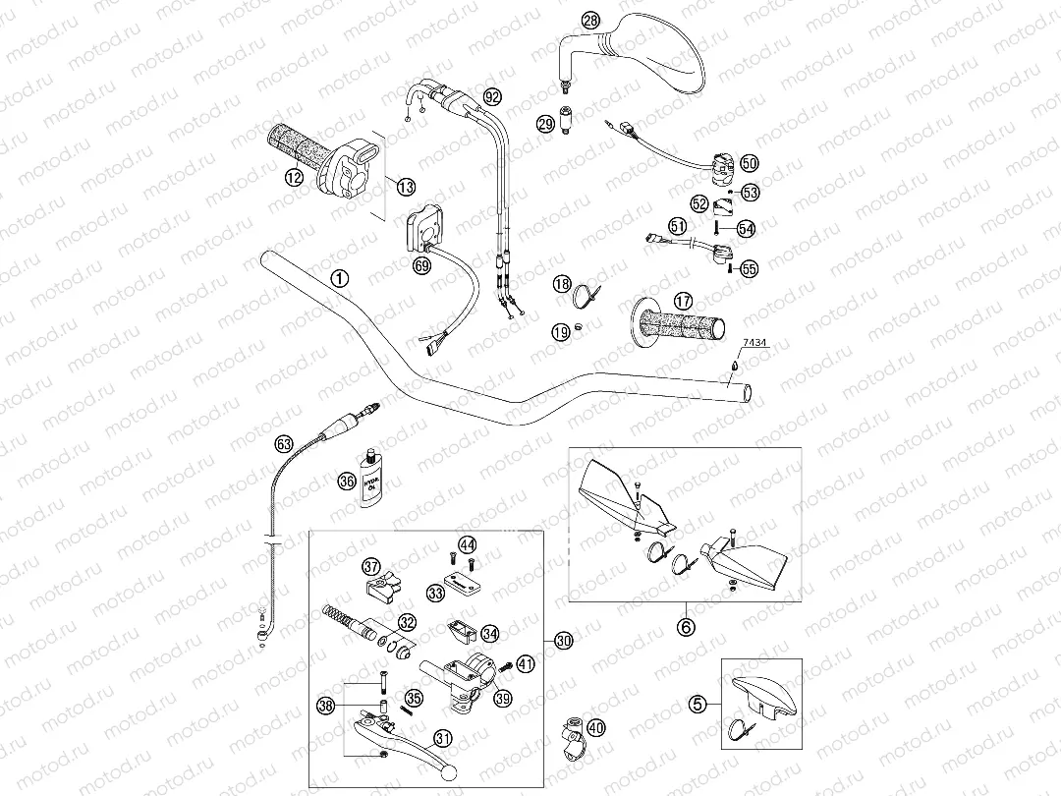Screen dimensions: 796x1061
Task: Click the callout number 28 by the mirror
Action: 589,20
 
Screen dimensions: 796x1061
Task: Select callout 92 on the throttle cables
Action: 492,96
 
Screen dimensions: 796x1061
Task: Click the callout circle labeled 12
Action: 294,177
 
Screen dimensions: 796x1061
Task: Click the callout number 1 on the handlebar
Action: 339,278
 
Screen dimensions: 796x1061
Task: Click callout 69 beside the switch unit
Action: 421,266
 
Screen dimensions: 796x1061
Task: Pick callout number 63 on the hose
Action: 284,444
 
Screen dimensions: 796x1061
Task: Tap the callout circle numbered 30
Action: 562,641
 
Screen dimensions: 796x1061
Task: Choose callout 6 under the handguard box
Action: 687,623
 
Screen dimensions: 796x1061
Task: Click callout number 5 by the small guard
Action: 697,703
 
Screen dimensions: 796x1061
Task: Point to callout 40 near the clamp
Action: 596,728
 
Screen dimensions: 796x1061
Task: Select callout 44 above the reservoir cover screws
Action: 467,544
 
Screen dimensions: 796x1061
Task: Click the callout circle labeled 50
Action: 749,163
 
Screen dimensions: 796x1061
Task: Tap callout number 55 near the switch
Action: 749,267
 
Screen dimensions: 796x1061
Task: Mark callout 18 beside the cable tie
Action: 561,284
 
